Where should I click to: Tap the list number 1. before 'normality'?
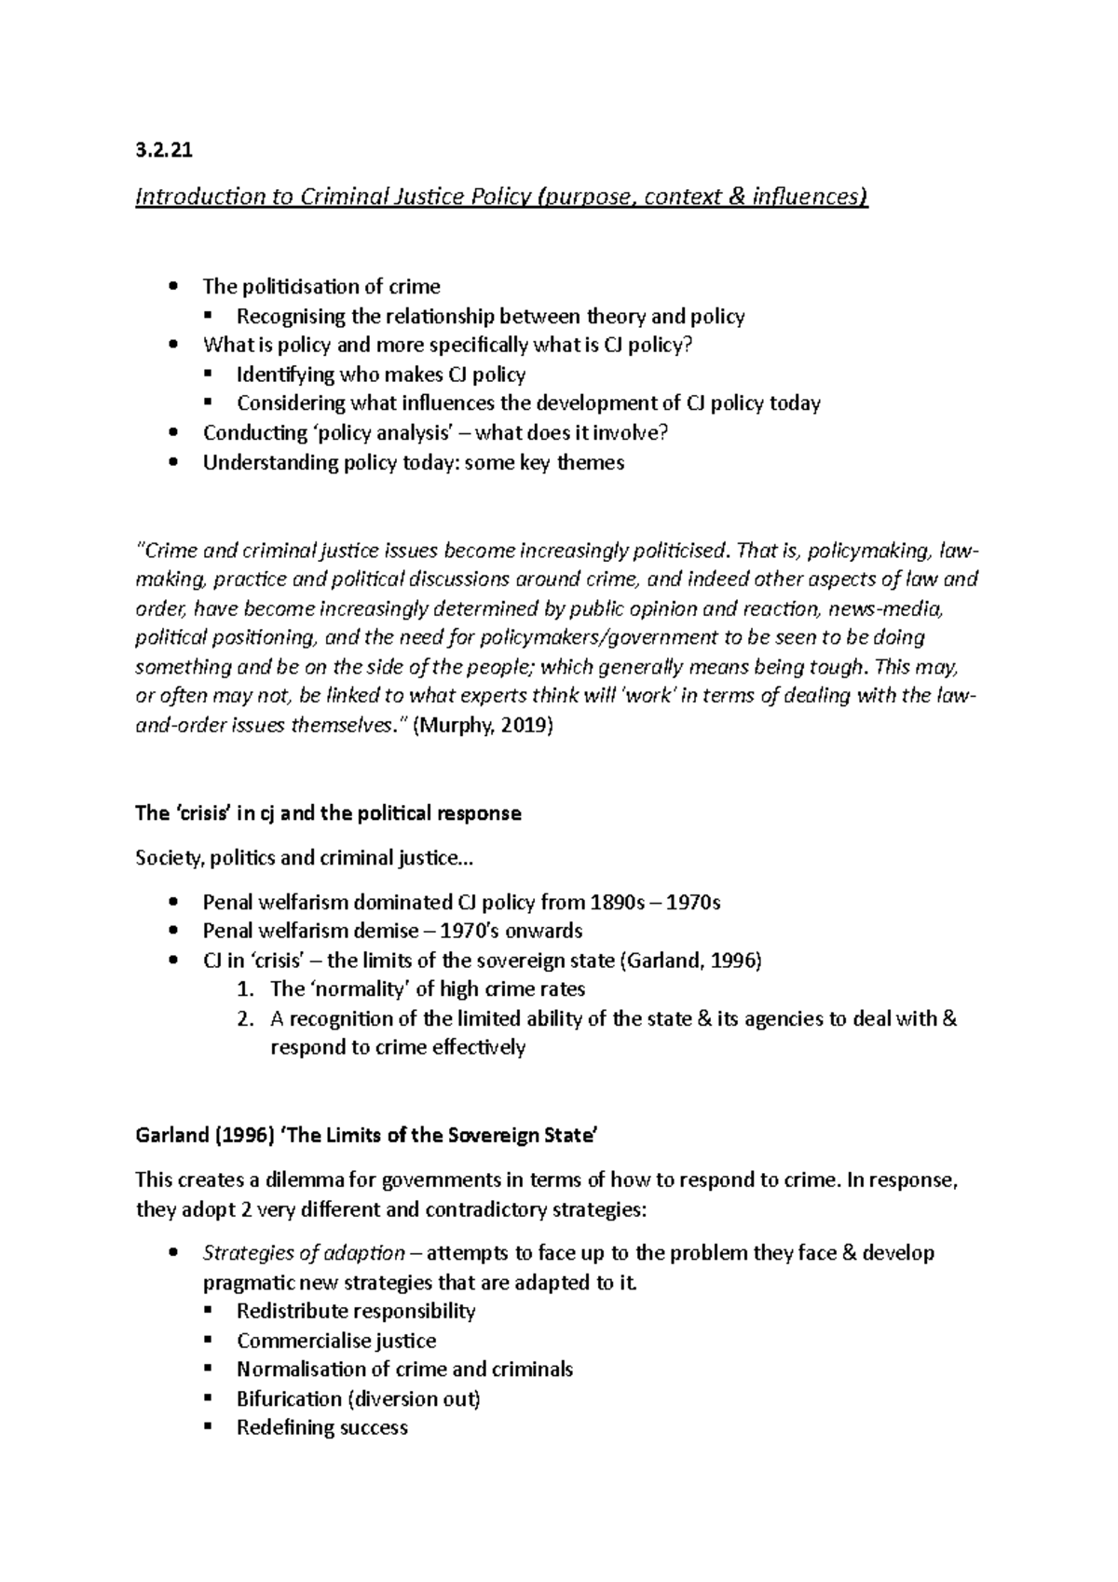click(x=245, y=989)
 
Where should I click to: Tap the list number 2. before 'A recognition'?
click(x=245, y=1018)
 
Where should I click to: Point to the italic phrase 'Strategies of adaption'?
click(x=304, y=1253)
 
